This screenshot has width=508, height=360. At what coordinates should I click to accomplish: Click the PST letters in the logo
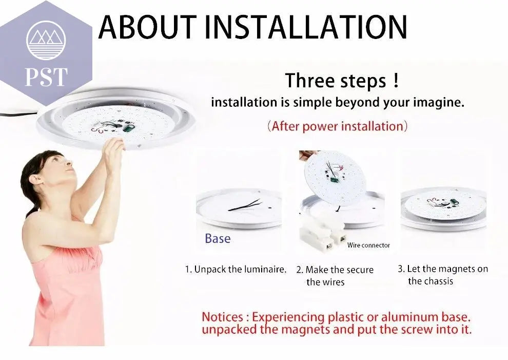click(x=46, y=76)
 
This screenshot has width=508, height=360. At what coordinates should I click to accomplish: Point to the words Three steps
click(x=336, y=81)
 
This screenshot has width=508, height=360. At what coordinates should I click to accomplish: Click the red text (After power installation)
click(x=337, y=126)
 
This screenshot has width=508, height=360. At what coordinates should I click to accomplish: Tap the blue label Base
click(x=218, y=238)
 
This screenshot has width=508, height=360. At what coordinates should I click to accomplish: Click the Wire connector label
click(x=368, y=245)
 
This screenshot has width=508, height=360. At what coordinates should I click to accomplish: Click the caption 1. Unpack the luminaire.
click(x=236, y=269)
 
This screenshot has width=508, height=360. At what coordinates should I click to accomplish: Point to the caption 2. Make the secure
click(x=335, y=270)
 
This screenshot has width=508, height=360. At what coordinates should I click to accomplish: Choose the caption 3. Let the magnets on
click(x=443, y=269)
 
